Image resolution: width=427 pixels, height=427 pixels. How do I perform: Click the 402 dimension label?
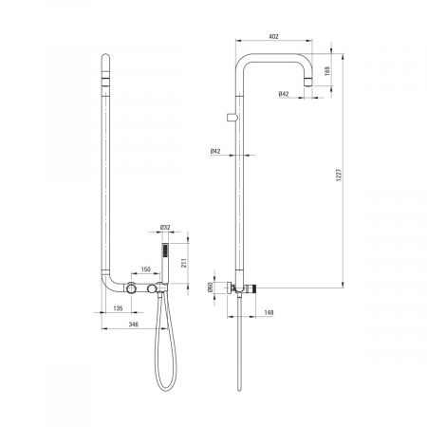(x=273, y=36)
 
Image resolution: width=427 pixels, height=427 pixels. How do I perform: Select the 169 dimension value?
(x=327, y=71)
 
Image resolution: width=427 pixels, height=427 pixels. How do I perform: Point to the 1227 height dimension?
(x=339, y=175)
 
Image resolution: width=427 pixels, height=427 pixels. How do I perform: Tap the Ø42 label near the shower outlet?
(x=284, y=94)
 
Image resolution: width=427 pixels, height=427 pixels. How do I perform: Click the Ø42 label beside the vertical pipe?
(x=215, y=152)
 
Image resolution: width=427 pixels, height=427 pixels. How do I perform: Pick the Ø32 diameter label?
(x=165, y=227)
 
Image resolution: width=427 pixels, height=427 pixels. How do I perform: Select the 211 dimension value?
(x=184, y=263)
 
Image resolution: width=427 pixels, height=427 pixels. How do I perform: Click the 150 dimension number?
(x=145, y=269)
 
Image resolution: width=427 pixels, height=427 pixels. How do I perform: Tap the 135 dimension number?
(x=118, y=308)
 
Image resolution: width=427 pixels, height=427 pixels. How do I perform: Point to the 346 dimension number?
(x=134, y=325)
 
